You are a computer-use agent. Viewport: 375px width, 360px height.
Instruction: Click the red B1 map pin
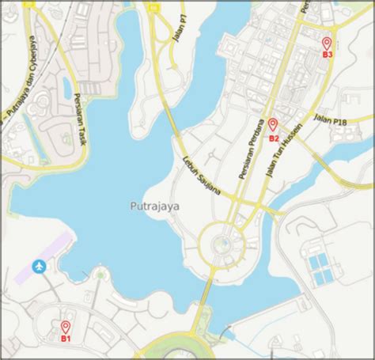point(66,327)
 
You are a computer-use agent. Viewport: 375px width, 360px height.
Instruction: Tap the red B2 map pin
point(272,124)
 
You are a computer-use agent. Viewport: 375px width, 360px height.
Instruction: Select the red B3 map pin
point(326,43)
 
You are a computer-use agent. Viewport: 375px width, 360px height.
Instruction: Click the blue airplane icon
point(39,267)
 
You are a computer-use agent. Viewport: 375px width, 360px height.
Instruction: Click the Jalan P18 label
point(331,119)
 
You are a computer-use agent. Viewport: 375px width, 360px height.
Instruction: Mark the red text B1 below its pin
point(66,339)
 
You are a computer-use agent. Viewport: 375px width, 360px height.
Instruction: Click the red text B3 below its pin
point(328,55)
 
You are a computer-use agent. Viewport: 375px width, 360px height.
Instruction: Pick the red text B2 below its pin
point(274,138)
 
